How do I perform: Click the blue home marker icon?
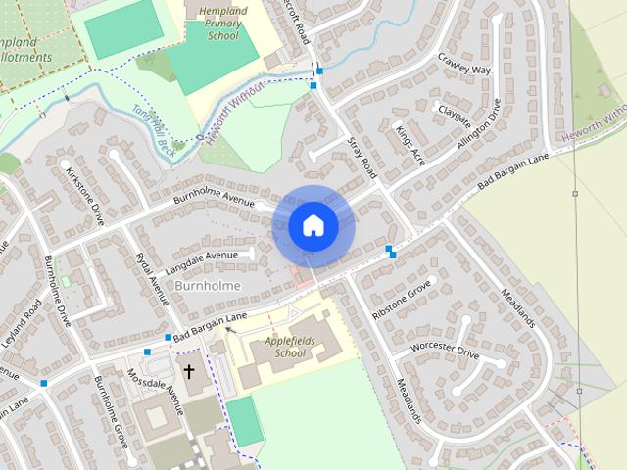pos(313,224)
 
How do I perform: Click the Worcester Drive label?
pos(445,350)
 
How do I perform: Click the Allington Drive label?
pos(487,125)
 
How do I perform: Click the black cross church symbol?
pos(188,372)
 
